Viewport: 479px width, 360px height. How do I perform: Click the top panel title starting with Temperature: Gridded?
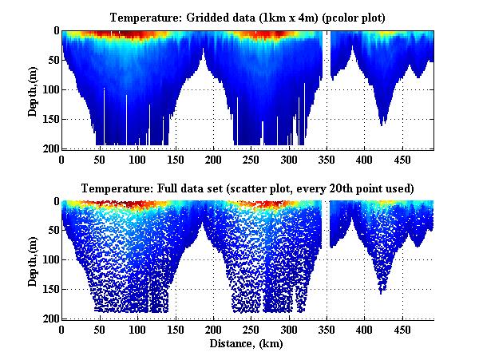click(248, 18)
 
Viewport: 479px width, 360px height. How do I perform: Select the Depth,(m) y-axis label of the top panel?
click(33, 89)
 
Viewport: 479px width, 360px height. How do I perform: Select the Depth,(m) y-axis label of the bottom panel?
click(33, 260)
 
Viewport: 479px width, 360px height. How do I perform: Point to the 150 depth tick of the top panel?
click(50, 119)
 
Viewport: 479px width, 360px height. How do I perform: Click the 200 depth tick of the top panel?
click(50, 148)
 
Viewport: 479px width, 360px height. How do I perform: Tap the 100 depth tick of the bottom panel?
click(50, 260)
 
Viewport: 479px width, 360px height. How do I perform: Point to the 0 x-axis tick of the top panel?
click(61, 160)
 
